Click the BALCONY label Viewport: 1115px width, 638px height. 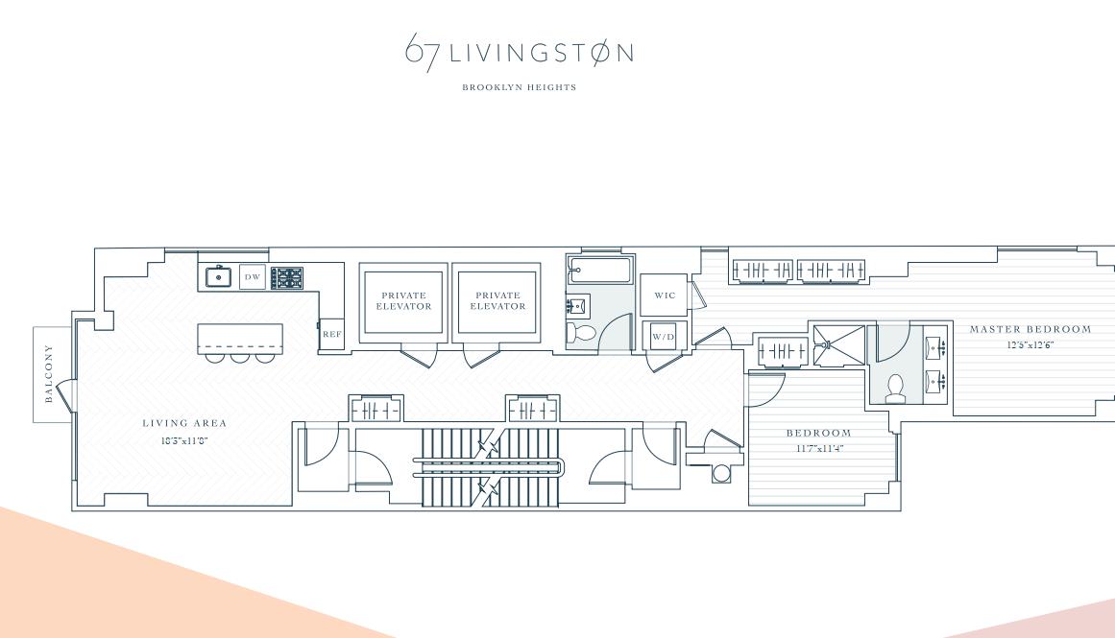pyautogui.click(x=49, y=374)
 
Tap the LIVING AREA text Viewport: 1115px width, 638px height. pyautogui.click(x=184, y=423)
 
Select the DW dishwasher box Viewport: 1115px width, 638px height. pyautogui.click(x=253, y=277)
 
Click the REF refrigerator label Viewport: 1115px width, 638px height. pyautogui.click(x=331, y=334)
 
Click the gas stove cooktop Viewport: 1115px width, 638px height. pyautogui.click(x=286, y=278)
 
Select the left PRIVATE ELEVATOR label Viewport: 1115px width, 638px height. pyautogui.click(x=403, y=301)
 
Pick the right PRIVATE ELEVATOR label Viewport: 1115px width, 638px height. pyautogui.click(x=497, y=301)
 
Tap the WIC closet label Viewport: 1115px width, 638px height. pyautogui.click(x=665, y=295)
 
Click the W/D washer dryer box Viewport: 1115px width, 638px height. pyautogui.click(x=664, y=337)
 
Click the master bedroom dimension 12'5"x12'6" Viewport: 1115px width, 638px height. pyautogui.click(x=1030, y=344)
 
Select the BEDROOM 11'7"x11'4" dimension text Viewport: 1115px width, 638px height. pyautogui.click(x=819, y=448)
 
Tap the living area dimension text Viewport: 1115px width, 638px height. pyautogui.click(x=184, y=440)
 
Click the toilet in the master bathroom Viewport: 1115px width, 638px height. pyautogui.click(x=895, y=388)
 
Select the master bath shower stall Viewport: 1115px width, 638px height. pyautogui.click(x=837, y=344)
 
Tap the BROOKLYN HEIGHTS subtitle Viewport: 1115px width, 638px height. pyautogui.click(x=519, y=87)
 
